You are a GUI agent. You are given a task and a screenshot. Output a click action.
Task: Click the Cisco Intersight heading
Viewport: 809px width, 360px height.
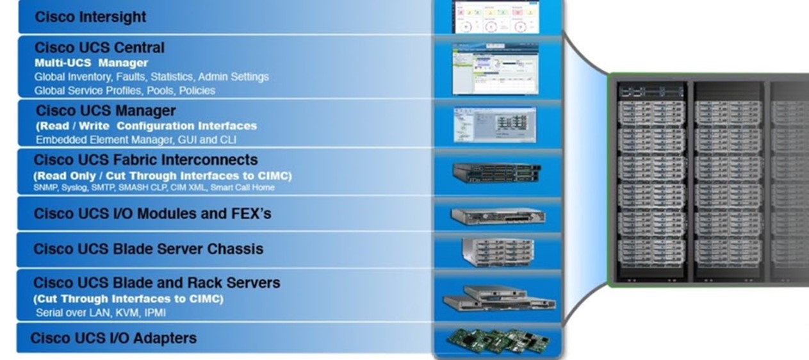coord(90,17)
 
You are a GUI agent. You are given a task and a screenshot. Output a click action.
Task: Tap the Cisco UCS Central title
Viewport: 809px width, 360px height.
coord(99,47)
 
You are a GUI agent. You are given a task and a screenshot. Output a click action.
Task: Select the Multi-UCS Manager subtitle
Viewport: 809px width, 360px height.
coord(92,63)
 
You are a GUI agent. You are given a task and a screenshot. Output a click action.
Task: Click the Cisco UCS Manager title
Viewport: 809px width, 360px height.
coord(106,110)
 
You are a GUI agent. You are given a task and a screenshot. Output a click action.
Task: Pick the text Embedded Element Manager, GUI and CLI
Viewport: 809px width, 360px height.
coord(136,140)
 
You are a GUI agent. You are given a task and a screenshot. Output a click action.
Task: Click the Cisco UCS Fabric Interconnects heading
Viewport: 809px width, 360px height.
coord(145,160)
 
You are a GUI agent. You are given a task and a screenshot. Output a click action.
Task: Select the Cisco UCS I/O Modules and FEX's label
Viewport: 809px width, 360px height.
coord(152,213)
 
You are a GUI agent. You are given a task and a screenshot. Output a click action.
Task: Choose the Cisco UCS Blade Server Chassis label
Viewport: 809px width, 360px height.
coord(149,249)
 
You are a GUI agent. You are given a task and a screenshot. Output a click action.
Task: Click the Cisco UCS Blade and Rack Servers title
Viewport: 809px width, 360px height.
coord(156,282)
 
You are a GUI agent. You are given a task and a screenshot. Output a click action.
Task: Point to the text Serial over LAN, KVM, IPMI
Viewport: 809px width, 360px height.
coord(101,313)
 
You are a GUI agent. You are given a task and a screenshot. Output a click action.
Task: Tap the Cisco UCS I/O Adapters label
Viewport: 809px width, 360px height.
coord(113,338)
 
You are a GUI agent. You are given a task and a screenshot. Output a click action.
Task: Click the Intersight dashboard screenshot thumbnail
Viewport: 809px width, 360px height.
coord(496,17)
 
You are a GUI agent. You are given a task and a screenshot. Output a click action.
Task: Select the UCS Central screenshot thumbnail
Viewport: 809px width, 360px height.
coord(496,69)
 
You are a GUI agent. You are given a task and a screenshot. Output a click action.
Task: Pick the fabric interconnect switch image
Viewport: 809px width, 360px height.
coord(497,174)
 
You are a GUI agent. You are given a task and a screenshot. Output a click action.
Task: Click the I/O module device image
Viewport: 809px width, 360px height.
coord(498,216)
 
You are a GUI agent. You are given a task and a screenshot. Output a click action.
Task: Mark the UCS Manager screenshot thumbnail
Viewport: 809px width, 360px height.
coord(494,124)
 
